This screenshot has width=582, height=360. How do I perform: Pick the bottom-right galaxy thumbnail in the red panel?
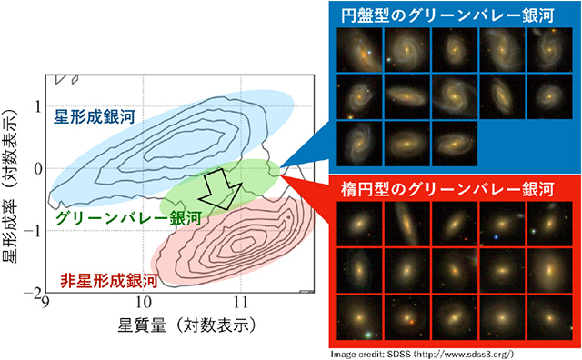point(552,315)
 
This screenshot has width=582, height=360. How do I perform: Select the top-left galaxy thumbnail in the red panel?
point(358,223)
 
